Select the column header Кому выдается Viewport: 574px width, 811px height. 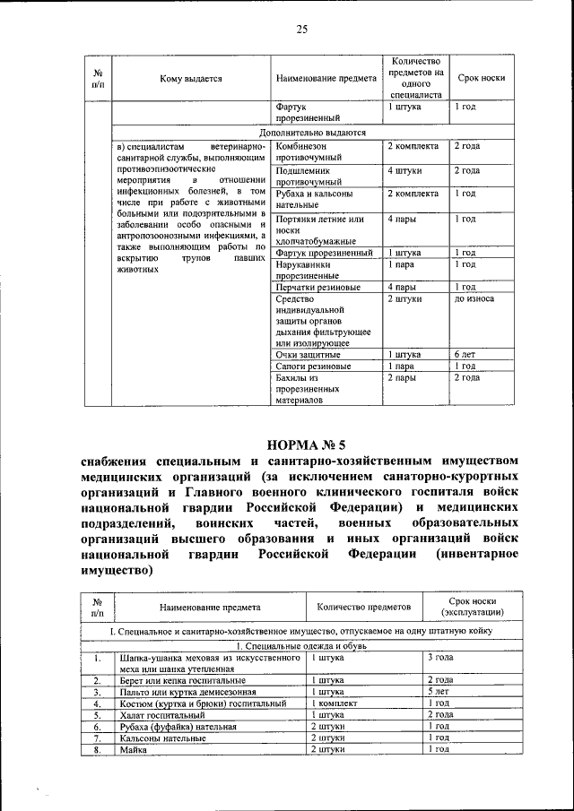click(191, 79)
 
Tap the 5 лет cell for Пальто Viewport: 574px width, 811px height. click(438, 692)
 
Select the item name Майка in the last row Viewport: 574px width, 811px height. click(133, 749)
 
